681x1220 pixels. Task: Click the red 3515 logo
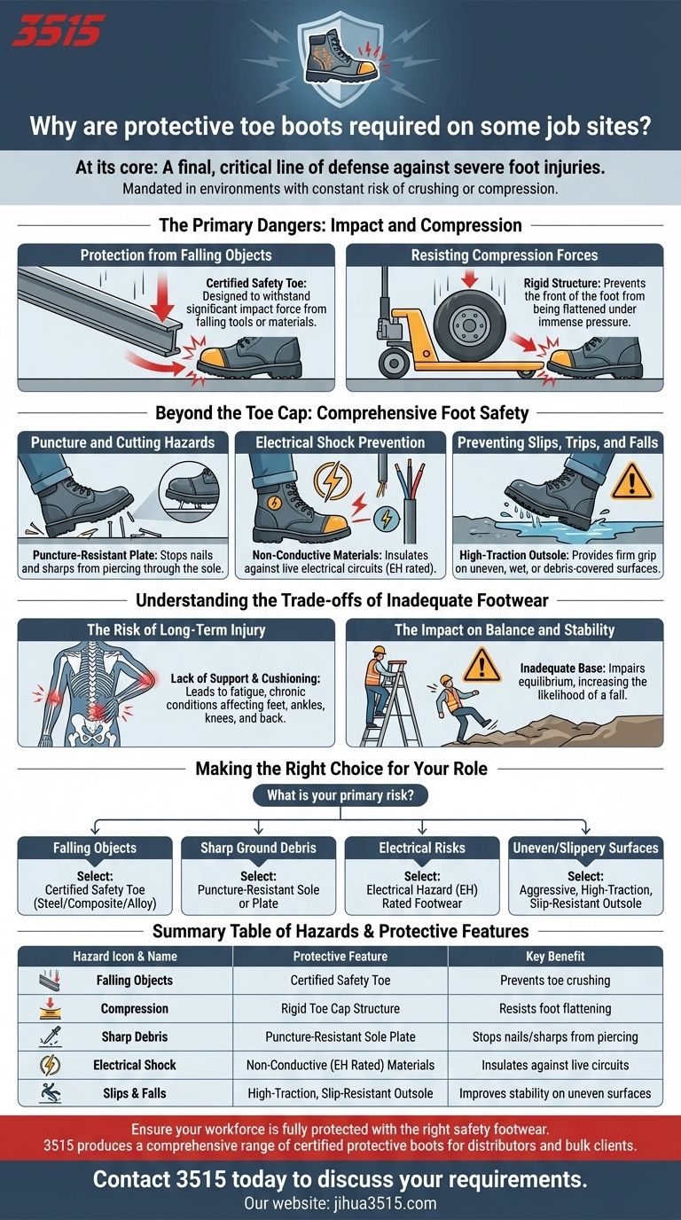(x=59, y=30)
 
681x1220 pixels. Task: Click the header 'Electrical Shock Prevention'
(x=340, y=442)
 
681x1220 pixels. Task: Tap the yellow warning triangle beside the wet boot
(x=632, y=481)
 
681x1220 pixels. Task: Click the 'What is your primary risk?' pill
(x=340, y=795)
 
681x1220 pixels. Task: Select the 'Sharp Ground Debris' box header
(x=258, y=848)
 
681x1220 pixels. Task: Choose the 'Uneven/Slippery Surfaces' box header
(x=585, y=848)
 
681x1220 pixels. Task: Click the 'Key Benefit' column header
(x=555, y=957)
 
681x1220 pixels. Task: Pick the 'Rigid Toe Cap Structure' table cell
(x=340, y=1009)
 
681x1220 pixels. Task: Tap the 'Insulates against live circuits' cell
(x=555, y=1065)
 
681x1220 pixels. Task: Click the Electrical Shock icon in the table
(x=51, y=1066)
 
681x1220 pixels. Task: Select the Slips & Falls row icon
(x=51, y=1093)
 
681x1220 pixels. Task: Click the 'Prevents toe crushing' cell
(x=555, y=981)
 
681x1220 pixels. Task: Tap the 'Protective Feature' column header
(x=340, y=957)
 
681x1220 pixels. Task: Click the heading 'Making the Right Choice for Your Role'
(x=341, y=769)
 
